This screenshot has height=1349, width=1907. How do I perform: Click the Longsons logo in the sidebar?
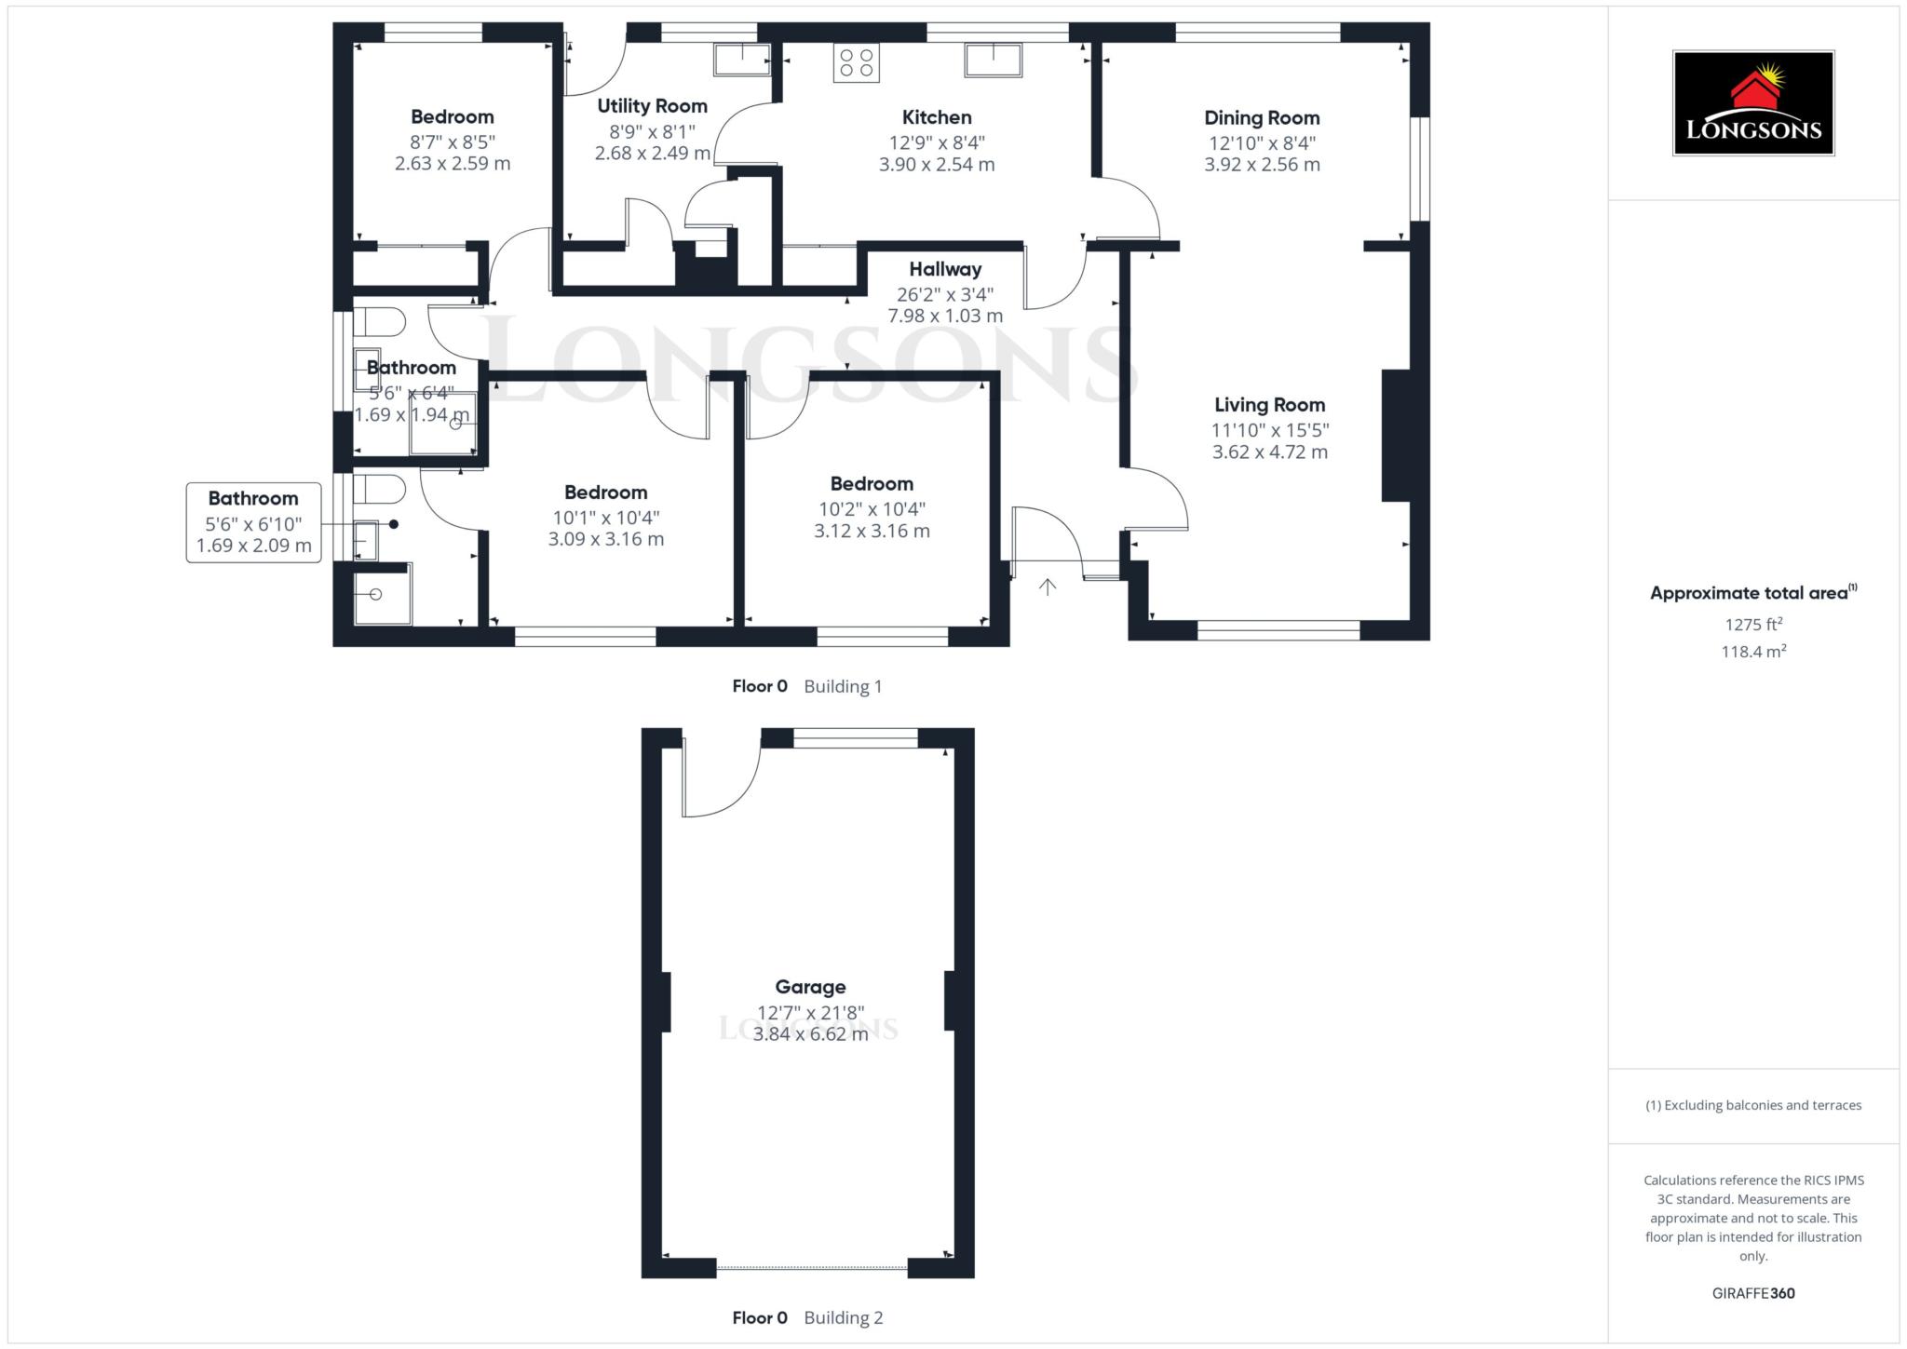(x=1752, y=102)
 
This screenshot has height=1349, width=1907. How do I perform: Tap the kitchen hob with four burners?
(x=856, y=63)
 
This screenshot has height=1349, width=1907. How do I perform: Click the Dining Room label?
(x=1262, y=118)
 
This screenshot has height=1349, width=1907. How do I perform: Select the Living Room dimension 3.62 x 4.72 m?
(x=1269, y=452)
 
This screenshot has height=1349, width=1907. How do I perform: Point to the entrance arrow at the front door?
(x=1048, y=587)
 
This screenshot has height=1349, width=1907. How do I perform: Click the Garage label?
(x=810, y=987)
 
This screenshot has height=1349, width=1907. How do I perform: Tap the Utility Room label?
(x=652, y=106)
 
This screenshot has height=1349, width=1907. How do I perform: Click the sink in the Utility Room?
(x=741, y=60)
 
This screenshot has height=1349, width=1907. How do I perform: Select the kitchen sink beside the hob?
(x=993, y=61)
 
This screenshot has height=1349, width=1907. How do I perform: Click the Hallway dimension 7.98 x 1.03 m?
(x=945, y=316)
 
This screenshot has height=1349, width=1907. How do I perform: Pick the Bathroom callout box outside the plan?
(x=253, y=522)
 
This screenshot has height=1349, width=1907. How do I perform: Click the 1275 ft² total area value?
(x=1752, y=625)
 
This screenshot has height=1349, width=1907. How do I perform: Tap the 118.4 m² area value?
(x=1752, y=652)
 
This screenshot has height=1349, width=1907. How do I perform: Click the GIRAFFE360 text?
(x=1752, y=1293)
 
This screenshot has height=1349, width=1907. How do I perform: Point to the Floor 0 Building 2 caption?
(x=806, y=1317)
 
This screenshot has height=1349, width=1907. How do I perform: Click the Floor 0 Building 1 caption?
(x=806, y=686)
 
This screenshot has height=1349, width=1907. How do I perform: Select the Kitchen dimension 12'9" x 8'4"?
(x=937, y=142)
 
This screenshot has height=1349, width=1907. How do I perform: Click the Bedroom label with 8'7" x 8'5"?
(x=453, y=117)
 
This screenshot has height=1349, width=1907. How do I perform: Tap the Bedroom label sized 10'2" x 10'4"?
(x=872, y=484)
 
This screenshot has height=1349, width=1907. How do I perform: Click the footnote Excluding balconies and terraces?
(x=1752, y=1105)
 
